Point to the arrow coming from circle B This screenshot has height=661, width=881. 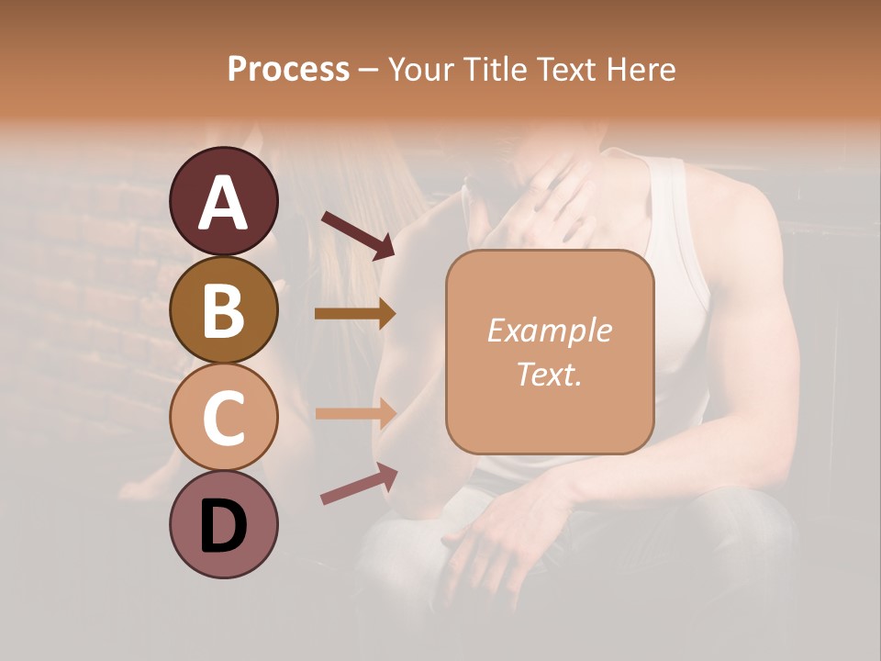355,314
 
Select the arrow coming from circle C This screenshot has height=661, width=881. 355,413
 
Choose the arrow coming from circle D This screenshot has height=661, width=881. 359,484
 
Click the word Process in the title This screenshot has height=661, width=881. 288,69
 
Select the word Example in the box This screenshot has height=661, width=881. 549,330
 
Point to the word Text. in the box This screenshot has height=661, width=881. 549,374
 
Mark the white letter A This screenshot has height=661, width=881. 223,202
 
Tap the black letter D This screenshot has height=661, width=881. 223,528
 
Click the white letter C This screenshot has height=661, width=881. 223,419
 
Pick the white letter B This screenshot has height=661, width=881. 223,310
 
